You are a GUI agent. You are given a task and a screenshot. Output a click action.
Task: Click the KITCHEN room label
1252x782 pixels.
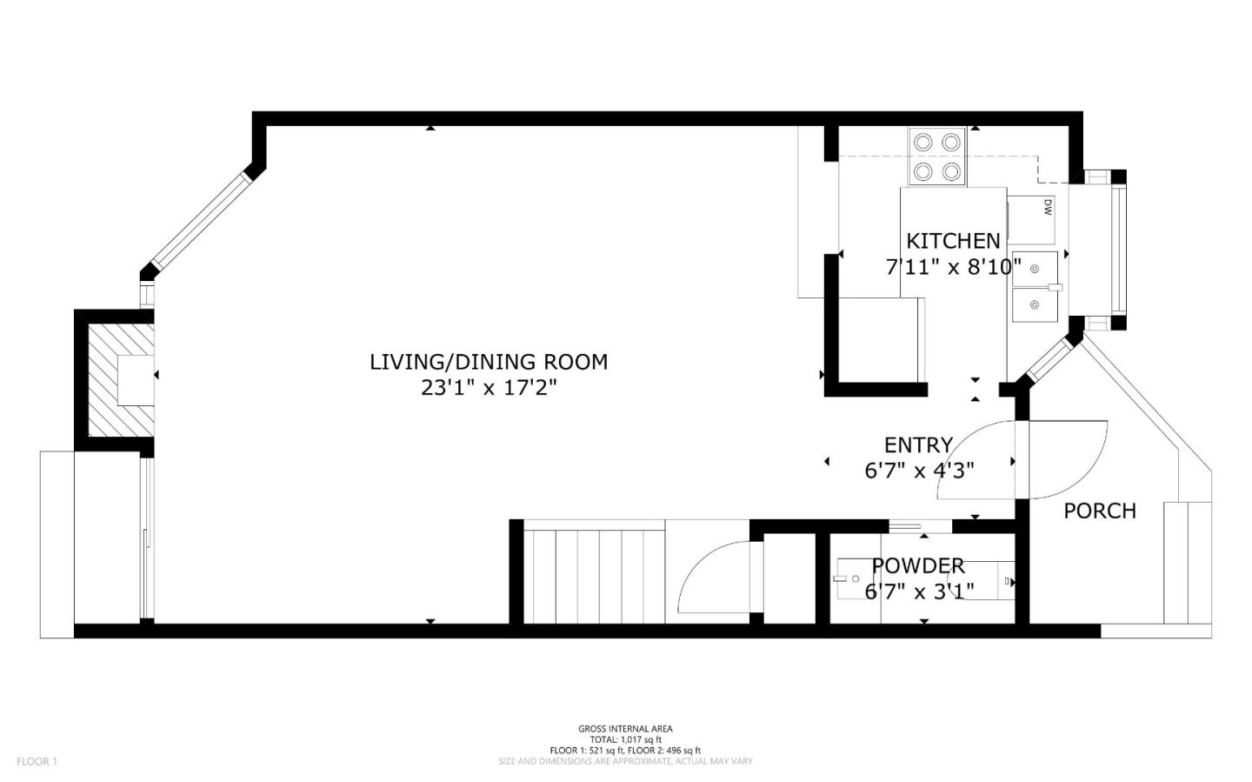click(953, 241)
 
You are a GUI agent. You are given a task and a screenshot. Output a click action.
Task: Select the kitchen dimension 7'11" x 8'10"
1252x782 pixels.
click(953, 267)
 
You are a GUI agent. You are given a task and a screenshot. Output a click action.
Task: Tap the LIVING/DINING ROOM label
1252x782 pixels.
click(489, 362)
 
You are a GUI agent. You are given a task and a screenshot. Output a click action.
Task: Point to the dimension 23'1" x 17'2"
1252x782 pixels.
click(489, 388)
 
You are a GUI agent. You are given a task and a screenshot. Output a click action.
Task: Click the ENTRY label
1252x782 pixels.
click(918, 445)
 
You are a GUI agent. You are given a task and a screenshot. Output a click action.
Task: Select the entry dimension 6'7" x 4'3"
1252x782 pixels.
click(919, 471)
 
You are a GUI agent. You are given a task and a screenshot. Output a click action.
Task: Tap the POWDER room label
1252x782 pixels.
click(918, 566)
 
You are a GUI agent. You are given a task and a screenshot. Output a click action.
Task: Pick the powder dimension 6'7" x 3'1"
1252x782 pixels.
click(919, 592)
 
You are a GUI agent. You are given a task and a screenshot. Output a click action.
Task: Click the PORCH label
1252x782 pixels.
click(1100, 511)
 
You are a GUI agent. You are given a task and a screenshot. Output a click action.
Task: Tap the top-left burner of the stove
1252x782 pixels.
click(923, 143)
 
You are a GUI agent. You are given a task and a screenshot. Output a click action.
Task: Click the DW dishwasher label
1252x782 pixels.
click(1048, 207)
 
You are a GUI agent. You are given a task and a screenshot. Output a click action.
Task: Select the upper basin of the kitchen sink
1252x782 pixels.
click(1034, 267)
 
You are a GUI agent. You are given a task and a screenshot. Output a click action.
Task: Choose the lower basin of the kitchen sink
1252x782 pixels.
click(1034, 304)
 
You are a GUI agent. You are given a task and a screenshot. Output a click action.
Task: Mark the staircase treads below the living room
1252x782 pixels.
click(595, 572)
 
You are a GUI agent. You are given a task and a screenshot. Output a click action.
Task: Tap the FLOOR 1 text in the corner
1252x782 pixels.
click(37, 761)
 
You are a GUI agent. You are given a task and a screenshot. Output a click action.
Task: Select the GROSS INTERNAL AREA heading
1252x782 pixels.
click(625, 729)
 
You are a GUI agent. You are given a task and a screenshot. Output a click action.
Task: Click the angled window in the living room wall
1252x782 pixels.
click(201, 221)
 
